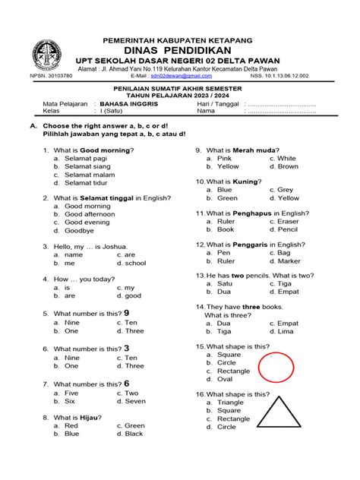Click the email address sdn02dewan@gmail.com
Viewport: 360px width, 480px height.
181,77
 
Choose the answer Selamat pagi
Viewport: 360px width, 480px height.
87,157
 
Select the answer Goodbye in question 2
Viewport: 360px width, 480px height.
79,230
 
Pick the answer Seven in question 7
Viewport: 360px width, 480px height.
134,401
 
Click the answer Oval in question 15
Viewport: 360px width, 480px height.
225,379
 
